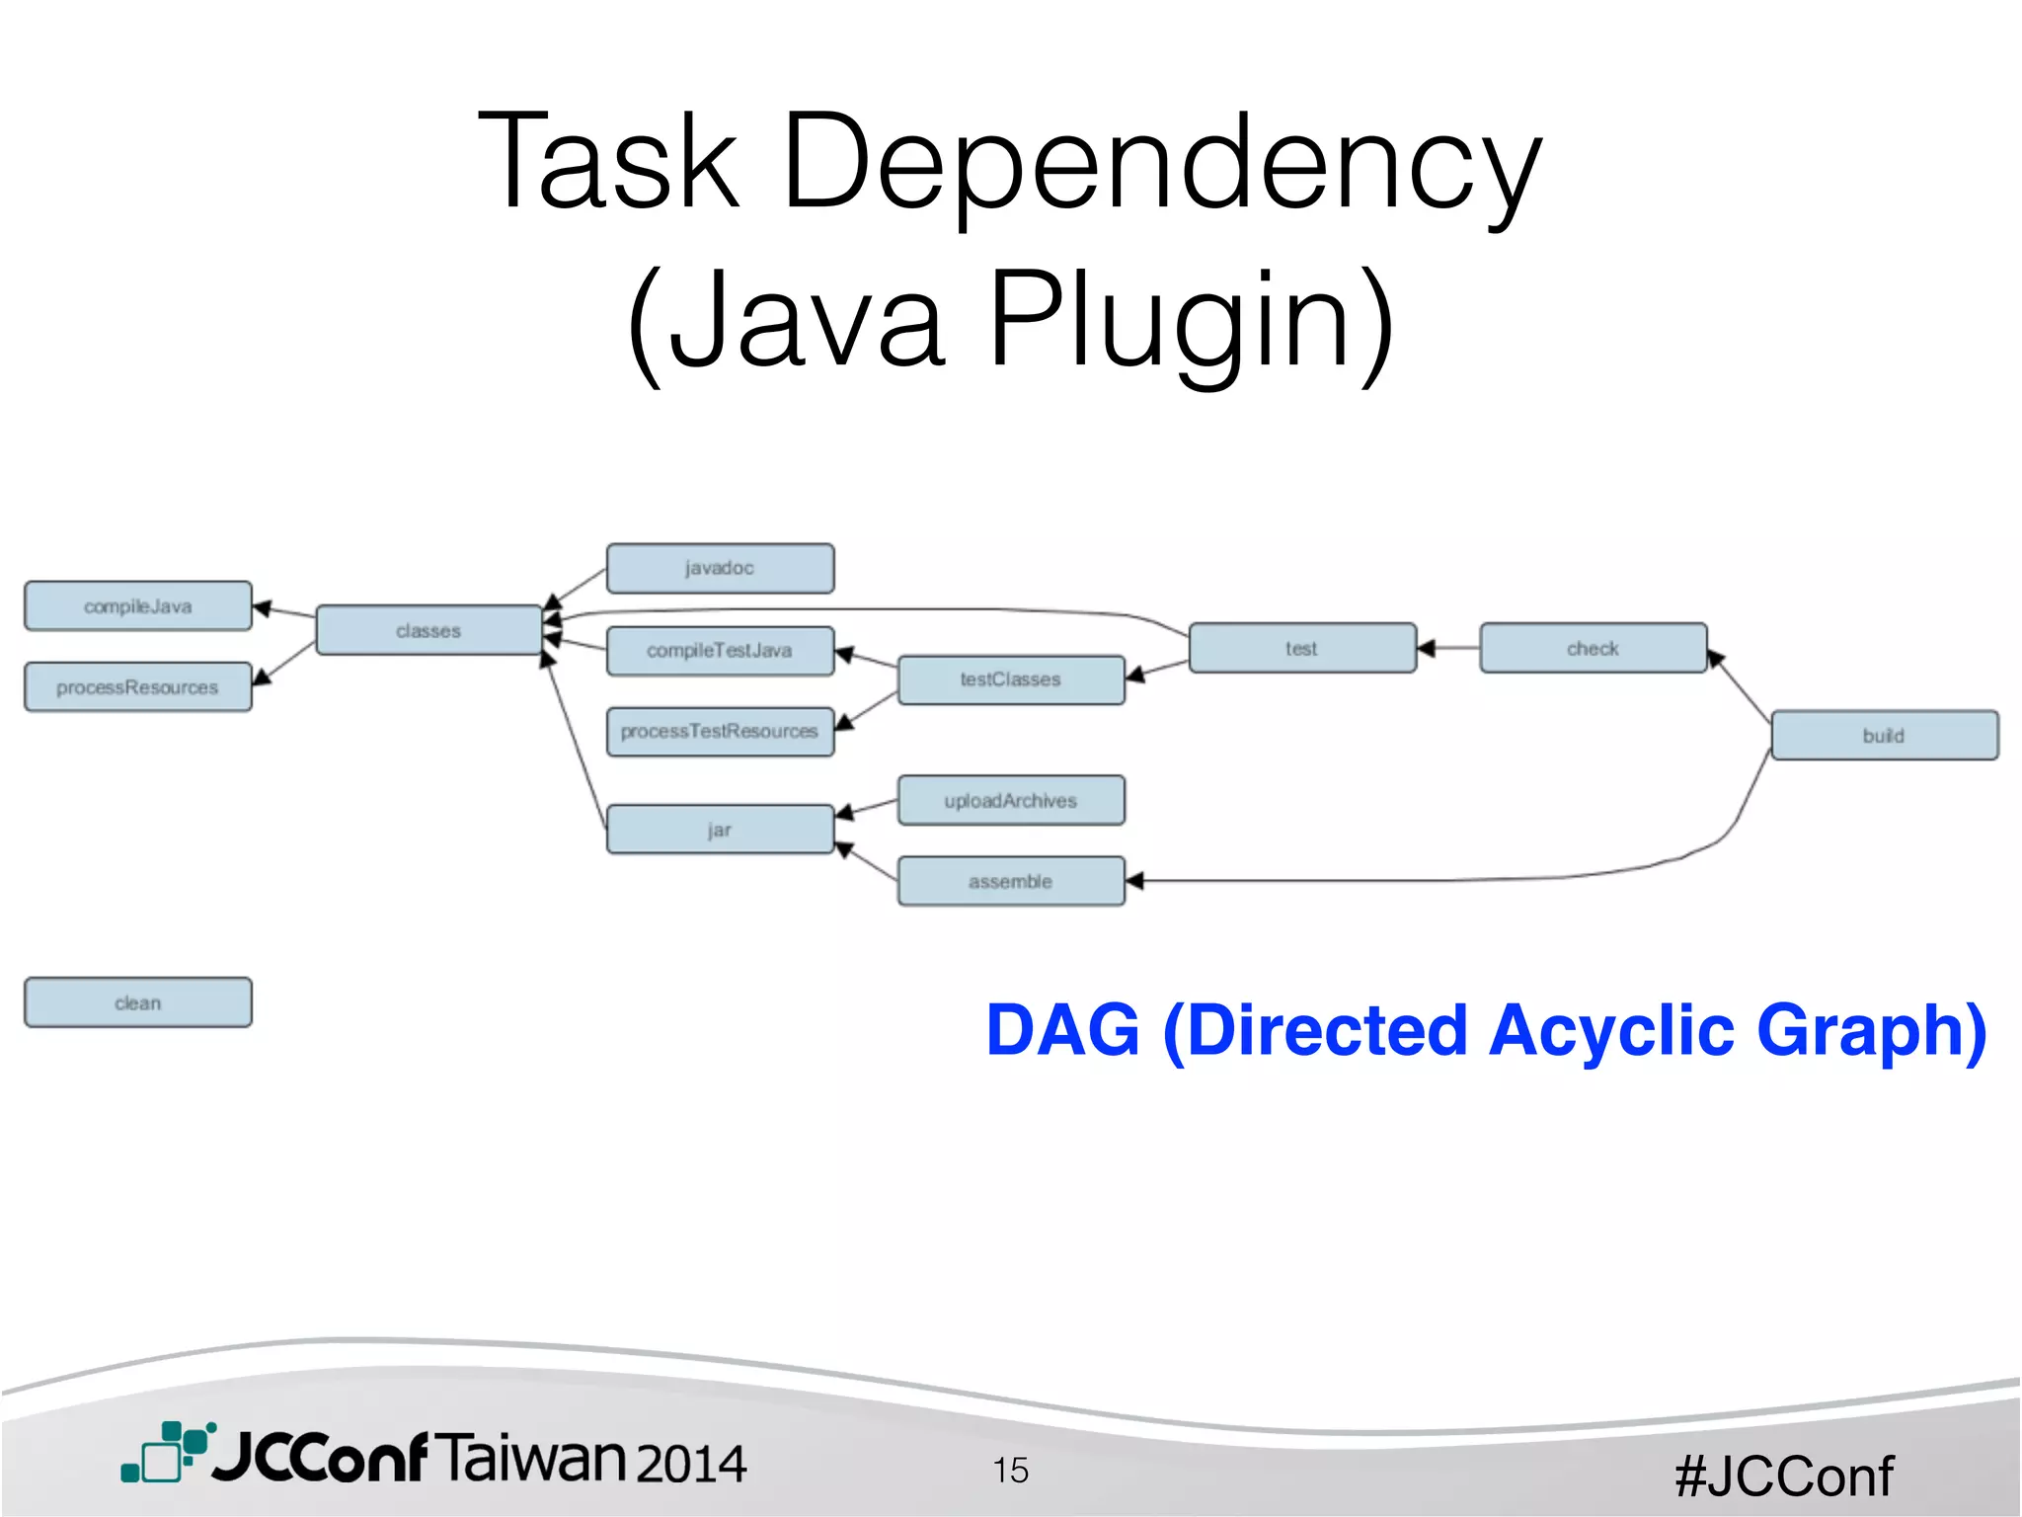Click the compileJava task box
(x=137, y=605)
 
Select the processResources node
(x=137, y=686)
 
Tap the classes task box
(x=428, y=630)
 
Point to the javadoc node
(x=720, y=568)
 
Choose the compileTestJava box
(x=720, y=651)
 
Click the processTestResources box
(x=720, y=732)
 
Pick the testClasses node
(x=1011, y=679)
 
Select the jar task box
(x=720, y=830)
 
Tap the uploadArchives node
(x=1011, y=800)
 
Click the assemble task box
(x=1011, y=881)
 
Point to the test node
(x=1302, y=648)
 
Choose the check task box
(x=1593, y=648)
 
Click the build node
(x=1884, y=735)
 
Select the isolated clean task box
(x=137, y=1002)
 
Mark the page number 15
(x=1011, y=1470)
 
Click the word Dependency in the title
(x=1161, y=163)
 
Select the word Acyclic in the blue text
(x=1611, y=1030)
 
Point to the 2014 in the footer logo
(x=691, y=1463)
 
